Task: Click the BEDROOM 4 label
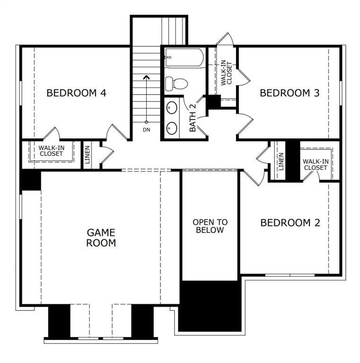tap(76, 93)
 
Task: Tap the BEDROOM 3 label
tap(290, 93)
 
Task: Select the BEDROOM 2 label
tap(290, 223)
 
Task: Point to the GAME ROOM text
tap(101, 238)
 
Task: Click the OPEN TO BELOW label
tap(210, 226)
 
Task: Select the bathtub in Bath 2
tap(184, 59)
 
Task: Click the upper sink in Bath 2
tap(172, 107)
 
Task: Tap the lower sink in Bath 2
tap(172, 128)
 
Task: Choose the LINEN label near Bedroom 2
tap(281, 161)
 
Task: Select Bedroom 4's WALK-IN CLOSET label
tap(52, 151)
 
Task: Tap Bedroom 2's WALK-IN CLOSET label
tap(316, 164)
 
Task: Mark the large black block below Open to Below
tap(211, 306)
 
